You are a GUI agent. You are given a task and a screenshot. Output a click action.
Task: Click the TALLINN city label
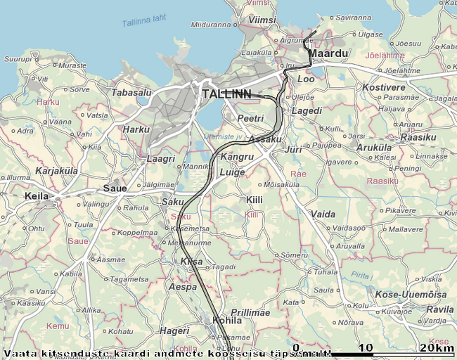click(226, 94)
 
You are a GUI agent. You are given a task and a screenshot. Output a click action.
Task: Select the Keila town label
click(37, 196)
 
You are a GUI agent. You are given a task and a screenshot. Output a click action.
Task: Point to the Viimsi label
click(262, 21)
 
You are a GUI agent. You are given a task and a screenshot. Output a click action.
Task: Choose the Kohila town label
click(226, 321)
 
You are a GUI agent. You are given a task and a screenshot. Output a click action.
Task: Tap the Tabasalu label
click(131, 92)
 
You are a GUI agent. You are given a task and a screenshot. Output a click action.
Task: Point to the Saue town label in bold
click(115, 188)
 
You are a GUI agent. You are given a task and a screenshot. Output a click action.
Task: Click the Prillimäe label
click(250, 312)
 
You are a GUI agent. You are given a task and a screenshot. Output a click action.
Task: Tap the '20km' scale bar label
click(437, 348)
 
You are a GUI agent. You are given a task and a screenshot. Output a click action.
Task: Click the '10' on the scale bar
click(366, 348)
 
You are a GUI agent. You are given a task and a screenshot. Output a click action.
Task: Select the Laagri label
click(160, 159)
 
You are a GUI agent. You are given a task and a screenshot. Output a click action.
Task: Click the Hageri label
click(174, 330)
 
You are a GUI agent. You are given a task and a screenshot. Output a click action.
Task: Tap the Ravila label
click(440, 309)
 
